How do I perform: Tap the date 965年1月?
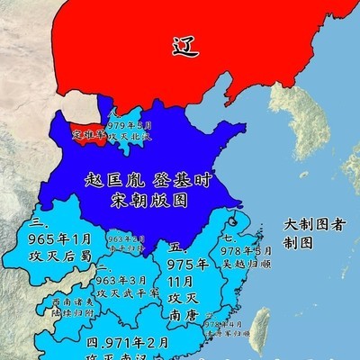(x=61, y=238)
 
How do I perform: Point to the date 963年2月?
(x=126, y=239)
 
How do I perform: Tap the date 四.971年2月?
(x=126, y=343)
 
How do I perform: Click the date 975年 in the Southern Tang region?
(x=187, y=264)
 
